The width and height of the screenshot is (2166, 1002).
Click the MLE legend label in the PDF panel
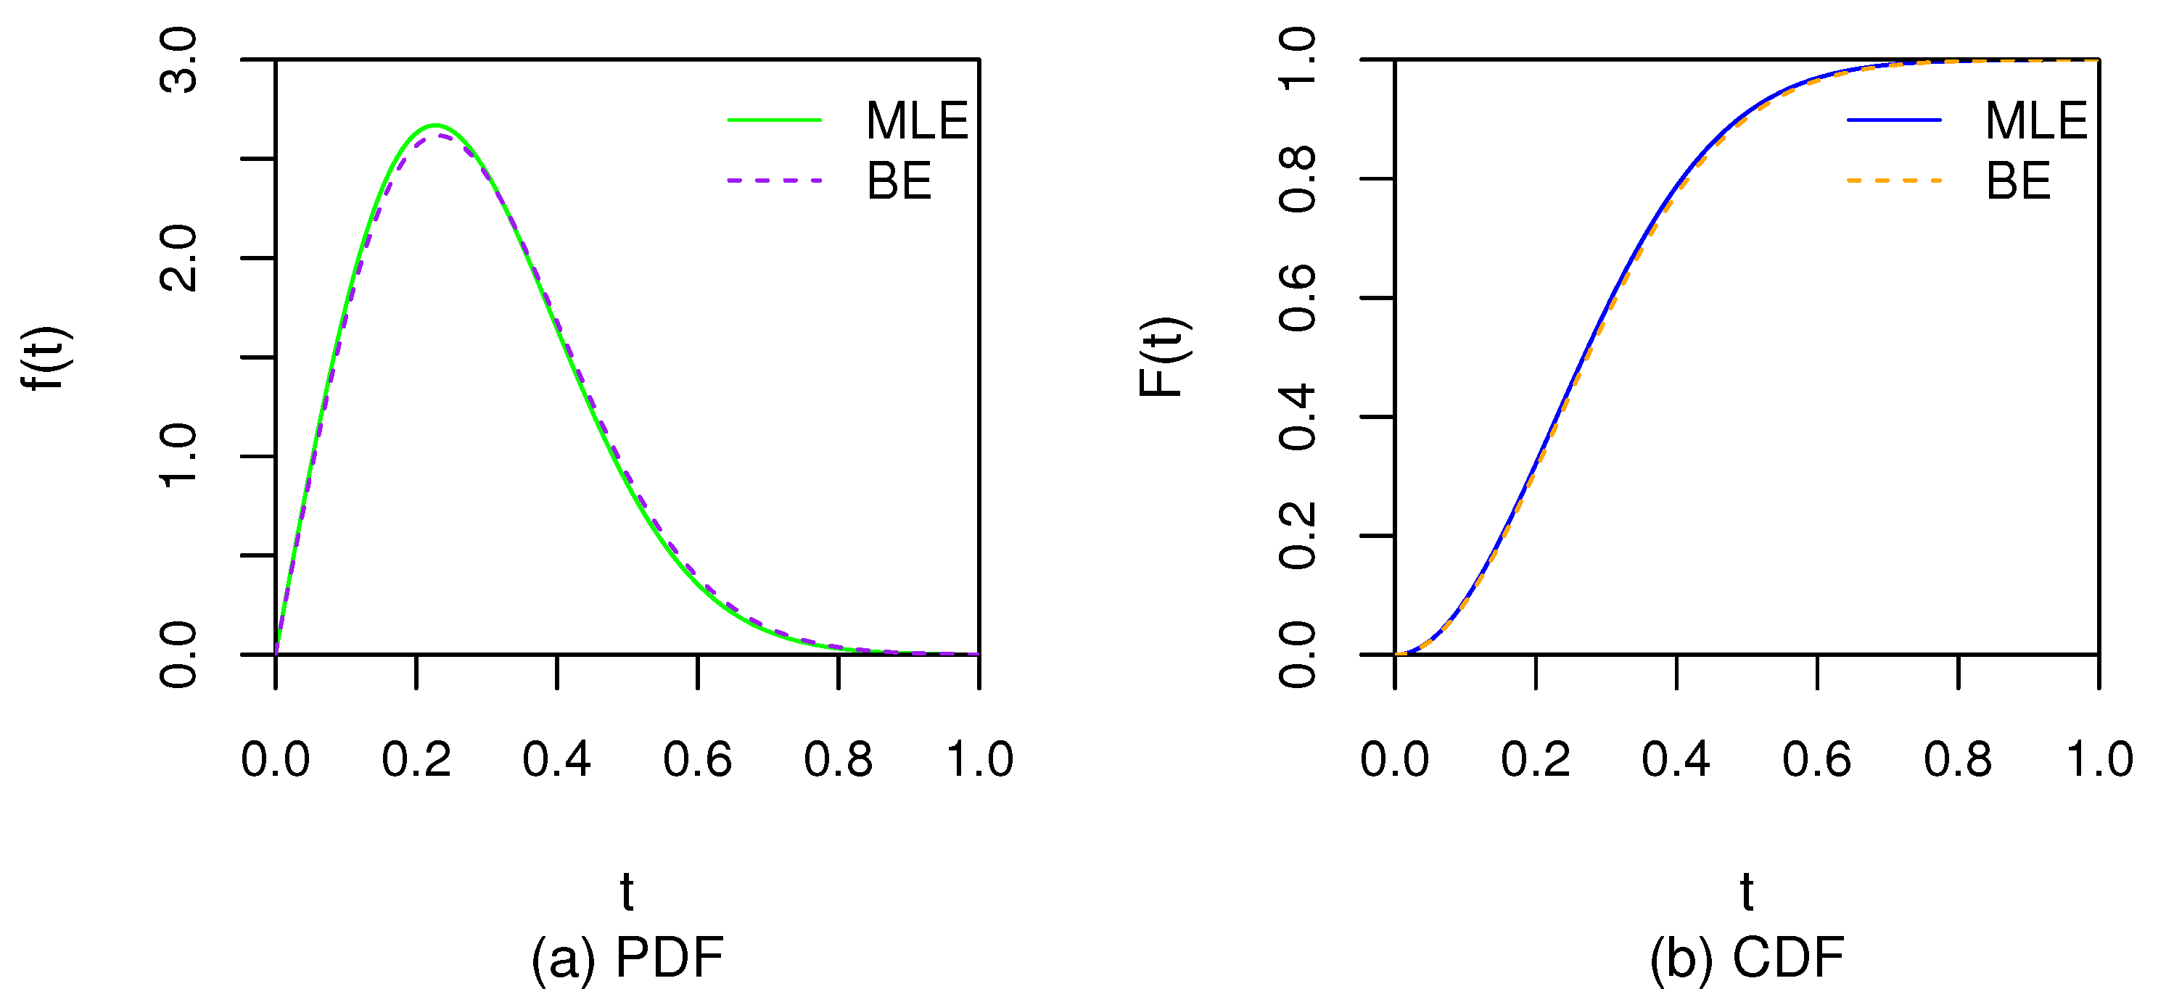(x=916, y=121)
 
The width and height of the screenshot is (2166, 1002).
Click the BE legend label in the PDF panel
(x=899, y=181)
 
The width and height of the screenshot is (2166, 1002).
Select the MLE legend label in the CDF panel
(x=2035, y=121)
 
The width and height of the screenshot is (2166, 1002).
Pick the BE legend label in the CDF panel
(x=2018, y=181)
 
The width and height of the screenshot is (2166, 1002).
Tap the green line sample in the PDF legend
(x=773, y=120)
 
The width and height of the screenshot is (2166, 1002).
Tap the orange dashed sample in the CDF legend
(x=1893, y=181)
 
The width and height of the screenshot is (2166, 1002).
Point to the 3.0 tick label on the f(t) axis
(x=179, y=59)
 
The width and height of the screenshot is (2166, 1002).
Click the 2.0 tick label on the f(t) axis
(x=179, y=258)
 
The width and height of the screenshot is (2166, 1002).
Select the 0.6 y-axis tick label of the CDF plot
(x=1298, y=297)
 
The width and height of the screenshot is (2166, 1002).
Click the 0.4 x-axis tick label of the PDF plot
(x=556, y=760)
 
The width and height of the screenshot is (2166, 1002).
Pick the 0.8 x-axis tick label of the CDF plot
(x=1958, y=760)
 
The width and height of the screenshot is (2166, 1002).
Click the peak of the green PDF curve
(x=435, y=125)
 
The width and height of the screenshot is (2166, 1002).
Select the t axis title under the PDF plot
(x=627, y=892)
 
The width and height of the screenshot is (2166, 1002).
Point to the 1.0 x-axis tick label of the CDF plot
(x=2099, y=760)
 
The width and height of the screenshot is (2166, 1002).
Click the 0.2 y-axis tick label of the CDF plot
(x=1298, y=536)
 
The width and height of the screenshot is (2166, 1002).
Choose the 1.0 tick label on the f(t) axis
(x=179, y=457)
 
